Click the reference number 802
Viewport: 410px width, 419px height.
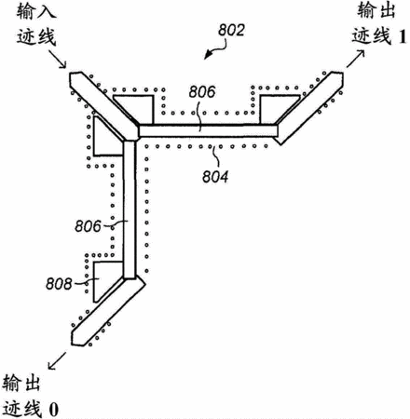coord(231,30)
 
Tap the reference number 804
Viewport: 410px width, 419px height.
coord(215,177)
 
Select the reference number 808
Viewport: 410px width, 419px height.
coord(59,284)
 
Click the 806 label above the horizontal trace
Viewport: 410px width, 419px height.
coord(202,92)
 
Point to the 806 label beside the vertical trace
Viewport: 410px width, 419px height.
coord(89,226)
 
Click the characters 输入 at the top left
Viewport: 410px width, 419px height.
coord(36,12)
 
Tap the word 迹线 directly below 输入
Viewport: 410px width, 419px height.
coord(36,37)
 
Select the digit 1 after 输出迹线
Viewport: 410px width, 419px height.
coord(403,36)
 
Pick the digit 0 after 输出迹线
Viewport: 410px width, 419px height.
coord(53,410)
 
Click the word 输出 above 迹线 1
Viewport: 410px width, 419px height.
coord(376,10)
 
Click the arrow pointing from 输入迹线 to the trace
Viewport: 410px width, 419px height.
coord(58,58)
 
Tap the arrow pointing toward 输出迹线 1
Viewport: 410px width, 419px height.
coord(356,59)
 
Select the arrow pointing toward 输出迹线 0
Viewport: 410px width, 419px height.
coord(57,360)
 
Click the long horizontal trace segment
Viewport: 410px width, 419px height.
coord(208,130)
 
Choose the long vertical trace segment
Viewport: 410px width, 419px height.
coord(130,210)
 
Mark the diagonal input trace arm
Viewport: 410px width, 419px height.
coord(104,106)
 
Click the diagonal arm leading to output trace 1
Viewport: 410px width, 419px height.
coord(310,108)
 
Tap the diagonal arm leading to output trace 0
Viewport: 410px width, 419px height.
coord(108,311)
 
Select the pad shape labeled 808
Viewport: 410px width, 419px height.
coord(104,277)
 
